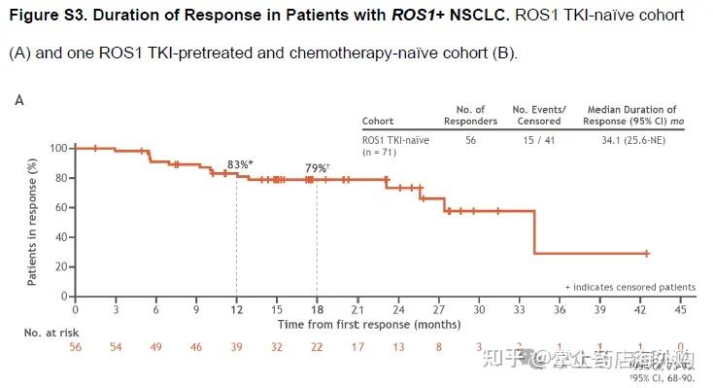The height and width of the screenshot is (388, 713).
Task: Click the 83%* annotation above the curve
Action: (241, 164)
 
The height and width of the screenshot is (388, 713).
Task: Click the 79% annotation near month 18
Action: (317, 168)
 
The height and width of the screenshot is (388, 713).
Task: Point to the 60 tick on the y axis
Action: (61, 207)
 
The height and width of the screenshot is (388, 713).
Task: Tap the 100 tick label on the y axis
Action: (58, 148)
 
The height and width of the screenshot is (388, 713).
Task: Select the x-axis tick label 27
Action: (438, 309)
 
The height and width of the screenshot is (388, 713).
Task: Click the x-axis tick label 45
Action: (680, 309)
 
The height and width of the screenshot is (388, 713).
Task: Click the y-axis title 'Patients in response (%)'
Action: (33, 222)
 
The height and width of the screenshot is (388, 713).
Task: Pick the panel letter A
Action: (19, 99)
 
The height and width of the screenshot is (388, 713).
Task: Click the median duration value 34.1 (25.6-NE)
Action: (631, 139)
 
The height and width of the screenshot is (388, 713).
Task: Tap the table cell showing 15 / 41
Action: (538, 139)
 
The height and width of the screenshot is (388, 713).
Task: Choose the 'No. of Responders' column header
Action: (477, 115)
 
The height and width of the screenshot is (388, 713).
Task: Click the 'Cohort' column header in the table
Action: (378, 122)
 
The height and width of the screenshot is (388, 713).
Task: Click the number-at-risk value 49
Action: (155, 346)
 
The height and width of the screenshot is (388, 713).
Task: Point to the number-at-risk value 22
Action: (317, 346)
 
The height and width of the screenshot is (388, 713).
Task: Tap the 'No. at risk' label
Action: (51, 332)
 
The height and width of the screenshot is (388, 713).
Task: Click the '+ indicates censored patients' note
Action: (629, 287)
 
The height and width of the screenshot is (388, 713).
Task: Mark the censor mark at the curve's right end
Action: (646, 253)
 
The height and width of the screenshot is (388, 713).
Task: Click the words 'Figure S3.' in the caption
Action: (49, 18)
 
